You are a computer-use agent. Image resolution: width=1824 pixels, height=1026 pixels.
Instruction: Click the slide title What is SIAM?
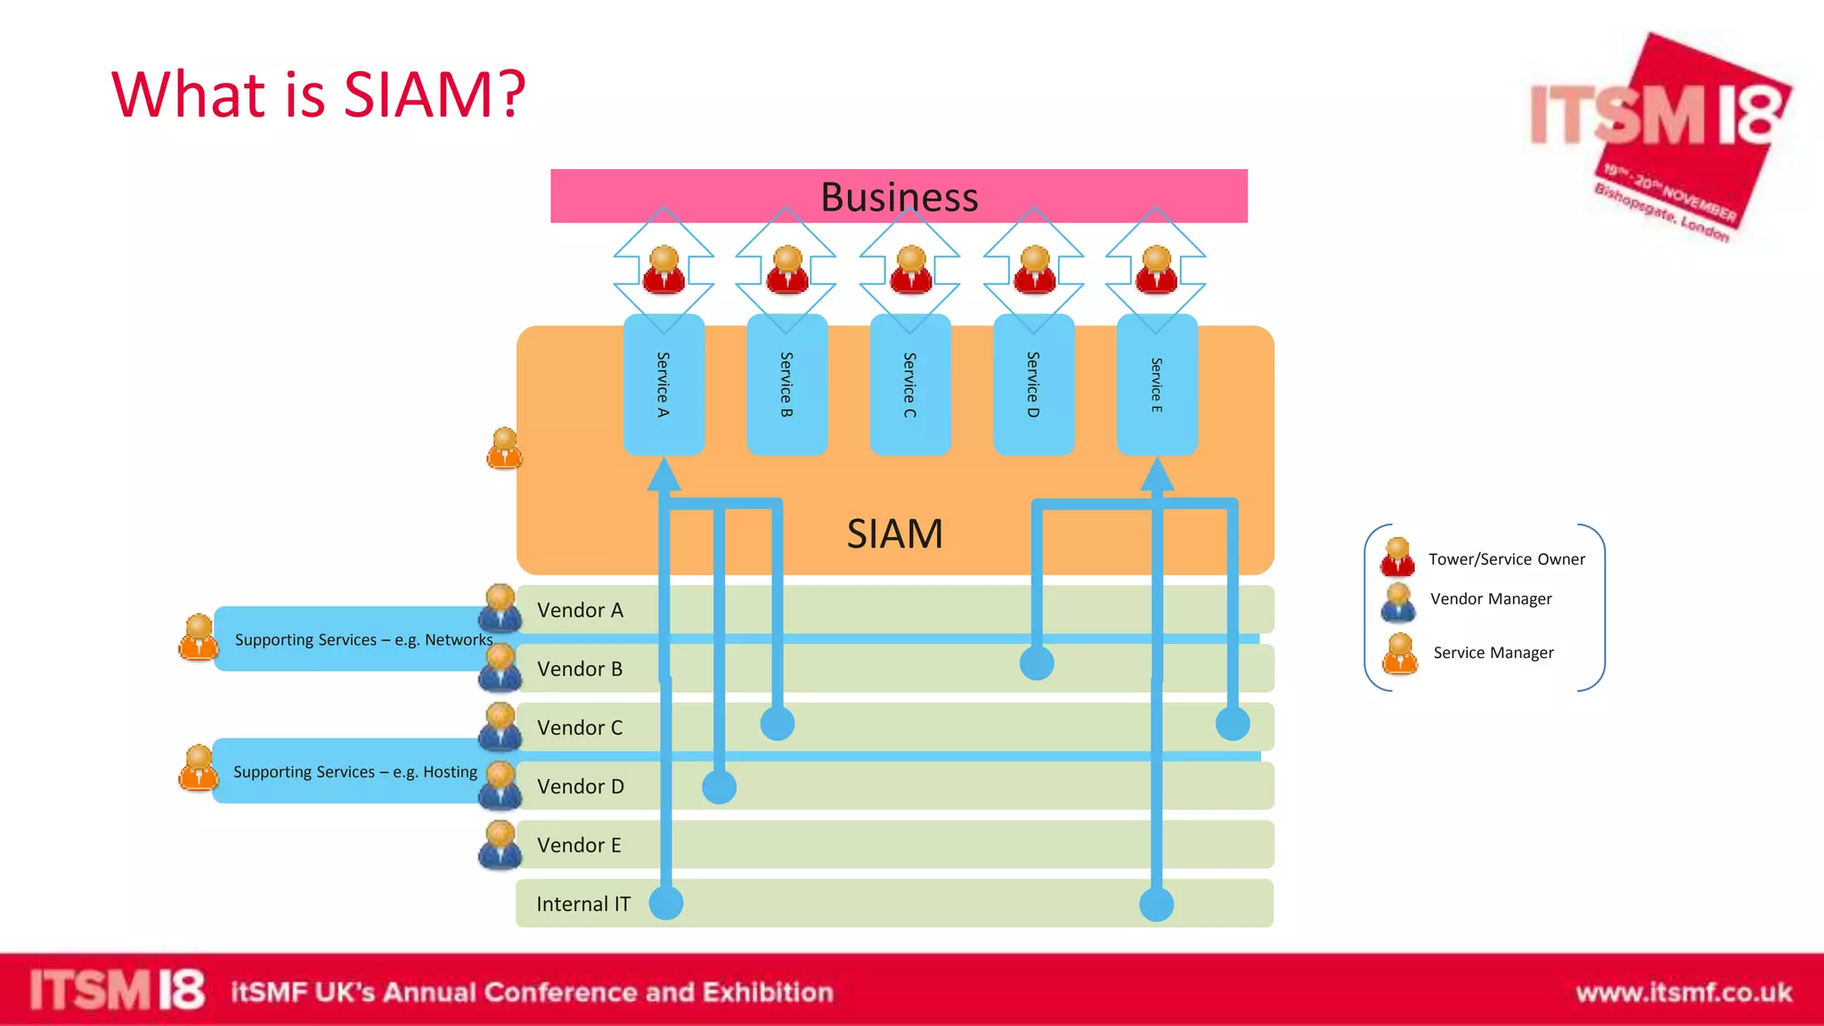(x=318, y=94)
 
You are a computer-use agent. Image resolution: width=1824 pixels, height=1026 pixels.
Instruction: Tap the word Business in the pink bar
(x=899, y=197)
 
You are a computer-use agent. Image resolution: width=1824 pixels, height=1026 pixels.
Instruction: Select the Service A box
(x=664, y=385)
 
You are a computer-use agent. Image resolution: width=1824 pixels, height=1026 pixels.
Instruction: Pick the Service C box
(x=909, y=385)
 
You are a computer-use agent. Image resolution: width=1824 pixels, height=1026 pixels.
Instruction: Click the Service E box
(x=1156, y=385)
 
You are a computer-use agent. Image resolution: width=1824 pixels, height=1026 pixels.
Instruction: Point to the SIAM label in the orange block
(x=894, y=533)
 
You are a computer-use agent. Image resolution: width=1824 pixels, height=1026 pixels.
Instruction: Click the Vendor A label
(x=580, y=610)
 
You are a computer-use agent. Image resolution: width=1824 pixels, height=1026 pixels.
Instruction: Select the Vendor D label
(x=580, y=786)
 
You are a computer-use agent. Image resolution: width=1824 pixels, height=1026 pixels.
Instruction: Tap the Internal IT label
(x=582, y=904)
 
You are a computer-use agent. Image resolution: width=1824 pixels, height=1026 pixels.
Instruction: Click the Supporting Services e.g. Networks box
(x=356, y=639)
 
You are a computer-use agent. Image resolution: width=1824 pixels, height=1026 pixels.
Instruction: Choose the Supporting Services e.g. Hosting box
(x=354, y=771)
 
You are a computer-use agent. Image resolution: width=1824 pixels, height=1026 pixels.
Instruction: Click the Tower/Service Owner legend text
(x=1506, y=559)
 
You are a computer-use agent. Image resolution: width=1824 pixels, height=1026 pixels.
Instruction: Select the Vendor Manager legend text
(x=1490, y=598)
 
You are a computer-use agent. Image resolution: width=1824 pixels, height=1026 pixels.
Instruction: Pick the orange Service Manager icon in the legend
(x=1400, y=654)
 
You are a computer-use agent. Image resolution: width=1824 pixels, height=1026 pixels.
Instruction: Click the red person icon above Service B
(x=787, y=271)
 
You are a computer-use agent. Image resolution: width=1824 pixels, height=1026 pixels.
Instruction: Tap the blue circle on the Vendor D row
(x=719, y=786)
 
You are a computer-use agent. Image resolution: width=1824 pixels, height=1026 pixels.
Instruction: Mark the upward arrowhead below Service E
(x=1156, y=474)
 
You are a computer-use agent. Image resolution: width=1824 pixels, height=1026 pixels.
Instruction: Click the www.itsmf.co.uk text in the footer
(x=1682, y=992)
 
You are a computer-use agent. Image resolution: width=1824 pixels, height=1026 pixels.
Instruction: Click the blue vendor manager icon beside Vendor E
(x=500, y=845)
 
